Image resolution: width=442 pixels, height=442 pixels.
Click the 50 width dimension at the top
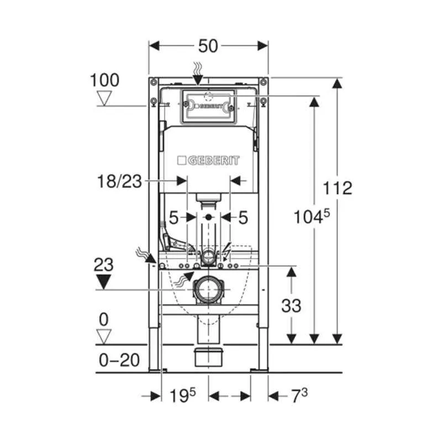click(208, 46)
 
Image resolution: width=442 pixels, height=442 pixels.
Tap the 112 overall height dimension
click(338, 188)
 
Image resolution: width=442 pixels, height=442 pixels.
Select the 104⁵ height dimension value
click(312, 217)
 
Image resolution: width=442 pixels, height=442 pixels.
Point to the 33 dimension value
click(291, 306)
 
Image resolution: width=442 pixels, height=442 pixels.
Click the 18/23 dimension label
click(119, 181)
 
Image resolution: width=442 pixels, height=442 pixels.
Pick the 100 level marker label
click(104, 80)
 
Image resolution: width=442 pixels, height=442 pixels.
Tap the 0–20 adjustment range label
click(119, 360)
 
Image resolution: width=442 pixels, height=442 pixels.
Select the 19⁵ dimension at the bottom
click(182, 395)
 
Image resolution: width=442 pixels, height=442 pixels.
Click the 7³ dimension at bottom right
click(299, 395)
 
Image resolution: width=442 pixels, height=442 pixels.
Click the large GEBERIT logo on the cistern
click(208, 161)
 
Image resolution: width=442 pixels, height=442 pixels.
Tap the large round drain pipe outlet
click(208, 290)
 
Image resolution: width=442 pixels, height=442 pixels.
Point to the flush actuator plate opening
click(208, 106)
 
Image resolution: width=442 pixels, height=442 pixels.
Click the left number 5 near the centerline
click(173, 218)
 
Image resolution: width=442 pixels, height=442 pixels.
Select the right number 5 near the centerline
click(243, 218)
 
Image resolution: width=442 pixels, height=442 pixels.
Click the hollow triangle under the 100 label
click(104, 98)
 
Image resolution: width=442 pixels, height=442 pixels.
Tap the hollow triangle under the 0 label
click(104, 337)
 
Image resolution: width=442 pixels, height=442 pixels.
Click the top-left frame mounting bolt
click(154, 82)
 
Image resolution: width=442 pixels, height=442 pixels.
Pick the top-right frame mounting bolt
click(264, 82)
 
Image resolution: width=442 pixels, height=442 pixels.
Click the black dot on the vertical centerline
click(208, 217)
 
